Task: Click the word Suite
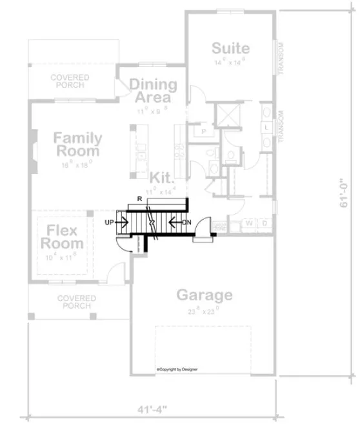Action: tap(230, 49)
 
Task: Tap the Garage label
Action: tap(205, 295)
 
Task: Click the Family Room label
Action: tap(77, 144)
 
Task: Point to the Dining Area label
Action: tap(153, 91)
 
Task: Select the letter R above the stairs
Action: tap(139, 199)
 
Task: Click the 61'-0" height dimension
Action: tap(346, 193)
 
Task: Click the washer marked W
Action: tap(249, 223)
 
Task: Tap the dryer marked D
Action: tap(263, 223)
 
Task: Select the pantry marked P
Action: tap(204, 131)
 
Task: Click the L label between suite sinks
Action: tap(266, 128)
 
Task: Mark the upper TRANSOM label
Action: tap(282, 59)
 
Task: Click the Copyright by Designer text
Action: tap(177, 369)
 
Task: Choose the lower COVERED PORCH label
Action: tap(76, 302)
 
